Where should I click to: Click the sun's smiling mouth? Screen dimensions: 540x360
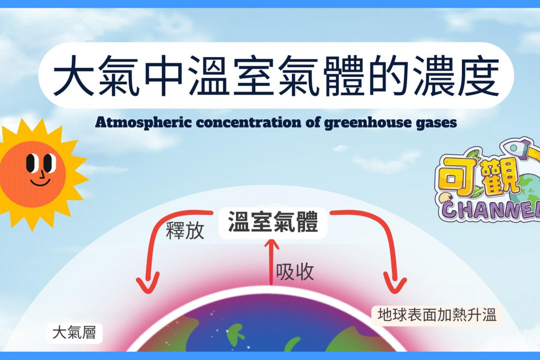point(40,182)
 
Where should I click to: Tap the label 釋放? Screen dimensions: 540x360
point(185,230)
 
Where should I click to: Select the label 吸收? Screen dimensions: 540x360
point(295,272)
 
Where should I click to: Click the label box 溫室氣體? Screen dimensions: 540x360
point(273,222)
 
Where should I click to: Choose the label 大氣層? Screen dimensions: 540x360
point(74,333)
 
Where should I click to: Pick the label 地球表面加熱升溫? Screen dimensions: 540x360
point(437,314)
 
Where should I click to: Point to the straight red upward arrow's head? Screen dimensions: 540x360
point(272,243)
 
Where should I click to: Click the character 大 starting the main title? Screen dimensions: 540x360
point(74,76)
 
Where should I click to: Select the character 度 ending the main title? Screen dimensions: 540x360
point(479,76)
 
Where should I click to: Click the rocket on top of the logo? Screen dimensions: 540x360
point(516,149)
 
